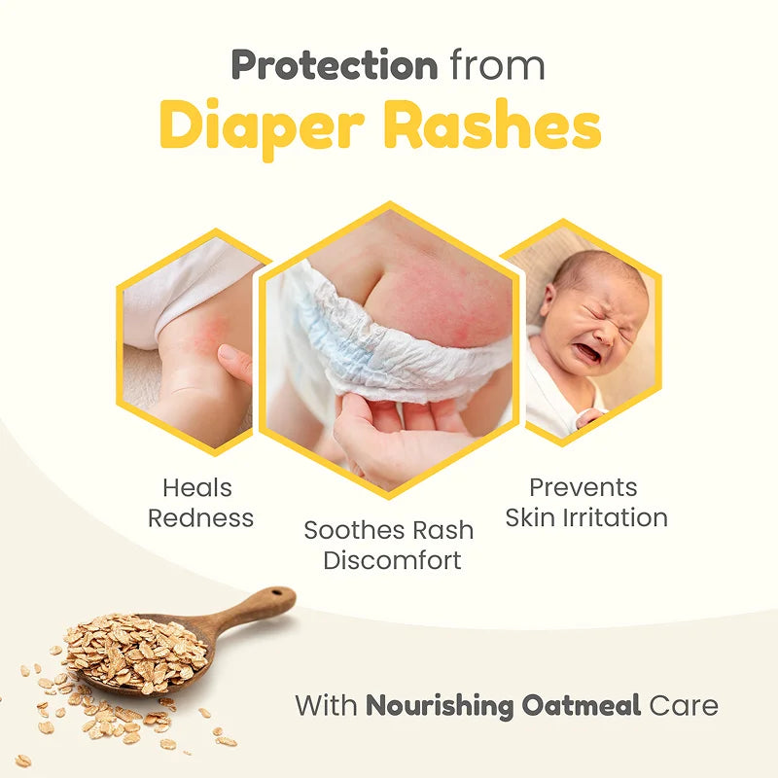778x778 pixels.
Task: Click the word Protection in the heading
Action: pyautogui.click(x=334, y=65)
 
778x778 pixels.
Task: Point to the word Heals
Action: pyautogui.click(x=196, y=487)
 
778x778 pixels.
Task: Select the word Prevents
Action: pyautogui.click(x=583, y=487)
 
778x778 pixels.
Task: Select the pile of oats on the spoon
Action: pyautogui.click(x=136, y=652)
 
